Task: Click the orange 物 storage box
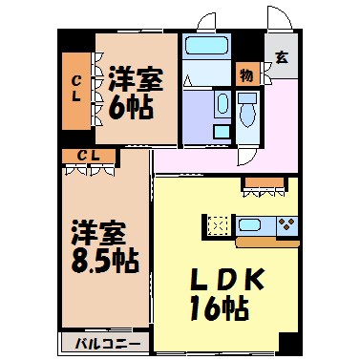point(246,74)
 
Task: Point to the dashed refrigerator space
point(218,226)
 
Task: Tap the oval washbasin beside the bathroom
point(222,103)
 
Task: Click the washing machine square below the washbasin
point(222,131)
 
